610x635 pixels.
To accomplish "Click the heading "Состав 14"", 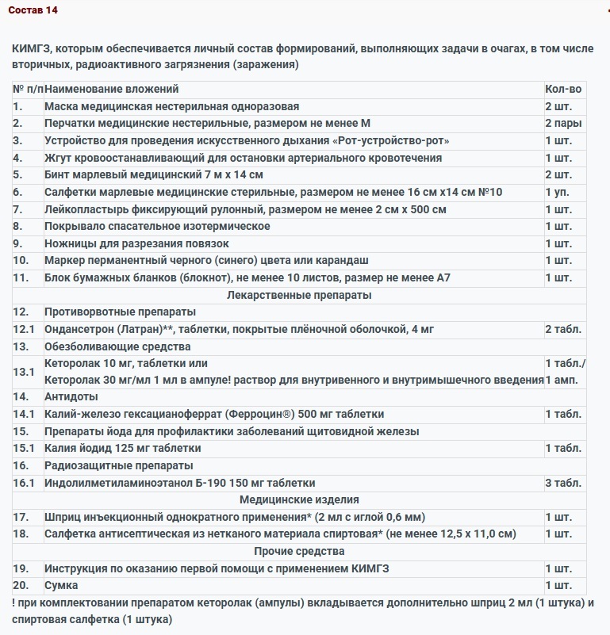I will click(33, 10).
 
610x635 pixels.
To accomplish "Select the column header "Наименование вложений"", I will click(111, 90).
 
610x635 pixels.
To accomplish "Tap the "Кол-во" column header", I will click(563, 90).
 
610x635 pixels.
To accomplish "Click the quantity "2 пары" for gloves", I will click(563, 124).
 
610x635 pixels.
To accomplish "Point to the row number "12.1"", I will click(25, 329).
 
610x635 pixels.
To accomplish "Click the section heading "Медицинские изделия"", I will click(299, 499).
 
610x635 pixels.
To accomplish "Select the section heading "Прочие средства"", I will click(299, 551).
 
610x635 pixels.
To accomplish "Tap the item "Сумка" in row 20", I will click(61, 585).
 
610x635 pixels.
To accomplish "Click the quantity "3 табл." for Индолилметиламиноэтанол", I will click(563, 483).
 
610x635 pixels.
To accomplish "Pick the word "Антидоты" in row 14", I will click(71, 396).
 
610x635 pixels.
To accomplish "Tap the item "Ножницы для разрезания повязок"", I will click(136, 243).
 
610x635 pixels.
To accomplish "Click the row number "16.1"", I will click(25, 483).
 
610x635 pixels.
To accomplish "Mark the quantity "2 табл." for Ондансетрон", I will click(563, 329).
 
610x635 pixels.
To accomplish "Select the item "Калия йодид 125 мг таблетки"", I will click(122, 448).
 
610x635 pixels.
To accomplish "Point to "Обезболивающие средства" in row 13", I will click(117, 346).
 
